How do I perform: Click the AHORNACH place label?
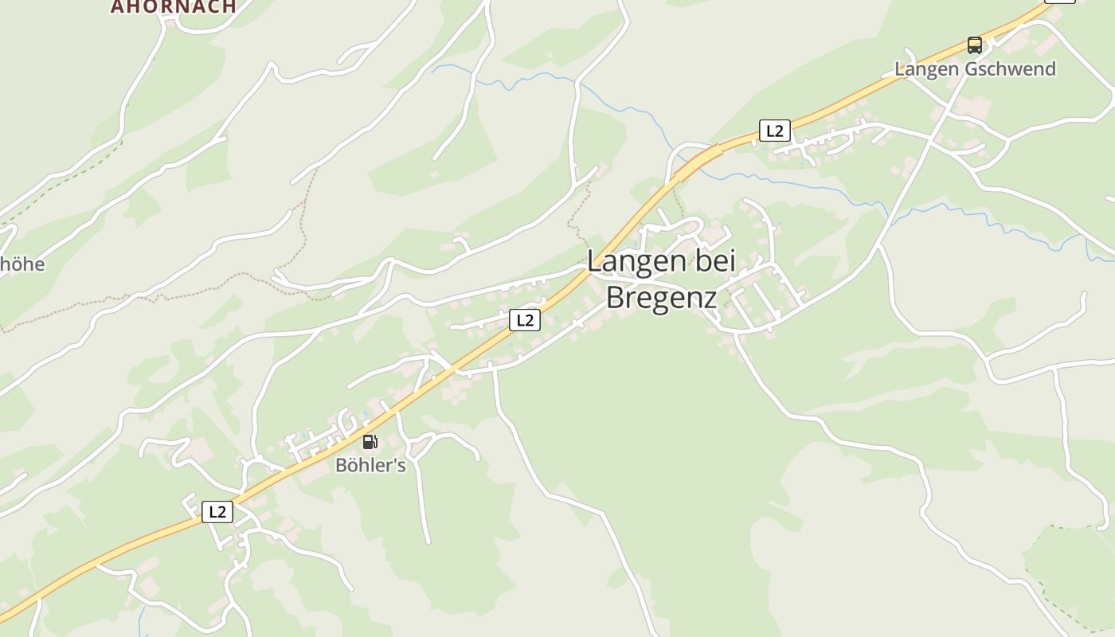click(x=173, y=6)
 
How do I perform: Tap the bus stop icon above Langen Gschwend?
click(x=974, y=45)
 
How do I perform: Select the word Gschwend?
click(x=1010, y=69)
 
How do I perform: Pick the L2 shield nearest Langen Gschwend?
click(x=774, y=131)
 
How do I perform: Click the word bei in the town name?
click(x=714, y=262)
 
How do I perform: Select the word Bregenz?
click(x=661, y=297)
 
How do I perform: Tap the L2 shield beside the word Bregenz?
click(x=524, y=320)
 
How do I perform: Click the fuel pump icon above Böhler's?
click(x=370, y=442)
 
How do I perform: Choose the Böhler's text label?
click(x=370, y=466)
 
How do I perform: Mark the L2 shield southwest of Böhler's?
click(x=217, y=511)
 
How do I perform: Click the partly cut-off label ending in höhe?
click(x=22, y=264)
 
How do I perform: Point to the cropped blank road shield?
click(x=1059, y=1)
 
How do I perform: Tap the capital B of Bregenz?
click(x=616, y=297)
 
